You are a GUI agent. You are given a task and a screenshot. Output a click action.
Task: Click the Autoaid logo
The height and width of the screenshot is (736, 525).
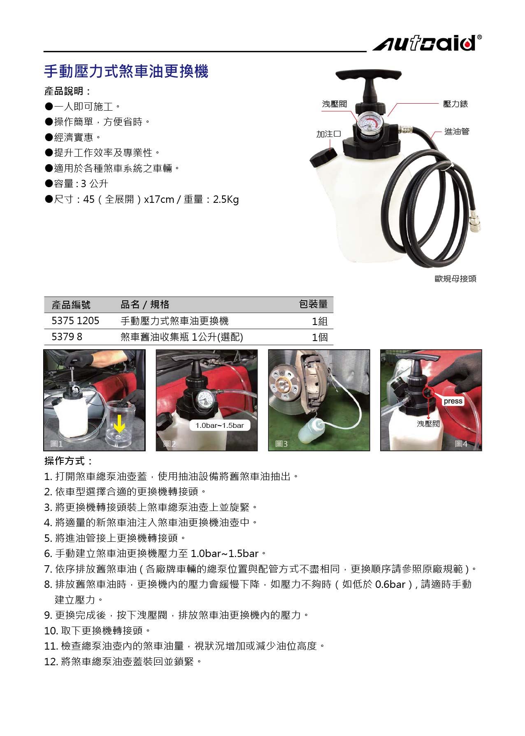[x=427, y=43]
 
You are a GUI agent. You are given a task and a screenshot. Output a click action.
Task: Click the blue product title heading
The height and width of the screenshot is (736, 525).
[x=126, y=71]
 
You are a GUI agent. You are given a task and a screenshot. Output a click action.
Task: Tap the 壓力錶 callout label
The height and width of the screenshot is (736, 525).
[x=455, y=104]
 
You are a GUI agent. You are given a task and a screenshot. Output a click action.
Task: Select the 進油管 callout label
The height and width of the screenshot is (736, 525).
[x=457, y=132]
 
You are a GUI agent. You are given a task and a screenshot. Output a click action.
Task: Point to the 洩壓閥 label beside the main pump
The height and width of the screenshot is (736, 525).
[x=335, y=104]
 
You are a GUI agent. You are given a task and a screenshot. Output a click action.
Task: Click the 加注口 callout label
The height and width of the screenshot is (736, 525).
[x=329, y=134]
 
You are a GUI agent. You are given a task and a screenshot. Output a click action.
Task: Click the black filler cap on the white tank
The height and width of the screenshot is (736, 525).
[x=323, y=158]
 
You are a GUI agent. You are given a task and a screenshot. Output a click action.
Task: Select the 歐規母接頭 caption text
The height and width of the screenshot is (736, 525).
[x=455, y=279]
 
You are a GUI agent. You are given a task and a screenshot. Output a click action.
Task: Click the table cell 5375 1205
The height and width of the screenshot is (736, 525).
[x=75, y=321]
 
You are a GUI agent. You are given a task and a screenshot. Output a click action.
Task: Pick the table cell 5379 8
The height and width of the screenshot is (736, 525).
[x=67, y=337]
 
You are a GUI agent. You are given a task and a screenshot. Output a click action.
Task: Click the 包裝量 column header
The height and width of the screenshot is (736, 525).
[x=314, y=304]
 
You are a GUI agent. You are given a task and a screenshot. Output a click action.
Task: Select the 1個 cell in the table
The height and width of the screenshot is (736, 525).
[x=320, y=337]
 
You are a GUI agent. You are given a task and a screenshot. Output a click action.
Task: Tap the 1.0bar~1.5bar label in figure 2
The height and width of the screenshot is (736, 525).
[x=220, y=425]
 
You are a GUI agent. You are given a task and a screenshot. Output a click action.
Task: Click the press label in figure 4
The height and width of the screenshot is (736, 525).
[x=453, y=401]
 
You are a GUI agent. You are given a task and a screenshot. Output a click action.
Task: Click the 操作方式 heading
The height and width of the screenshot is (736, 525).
[x=68, y=461]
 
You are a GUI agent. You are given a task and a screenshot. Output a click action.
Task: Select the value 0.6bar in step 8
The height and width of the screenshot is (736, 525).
[x=390, y=584]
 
